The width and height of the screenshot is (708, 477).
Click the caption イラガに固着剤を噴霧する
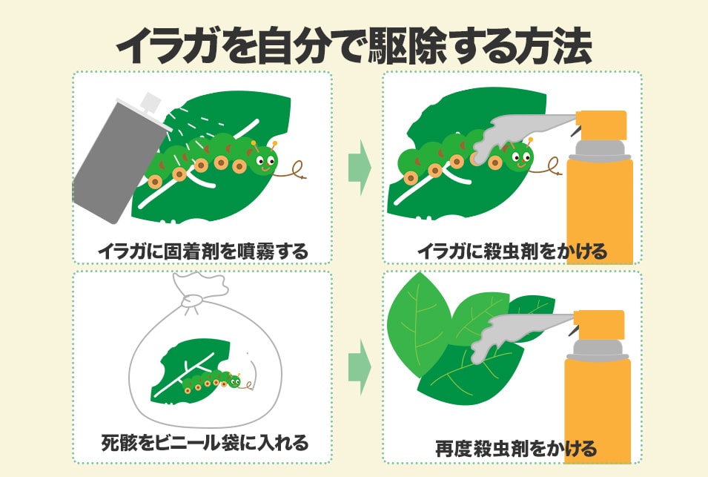point(202,251)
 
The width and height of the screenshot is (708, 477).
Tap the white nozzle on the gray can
point(151,105)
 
